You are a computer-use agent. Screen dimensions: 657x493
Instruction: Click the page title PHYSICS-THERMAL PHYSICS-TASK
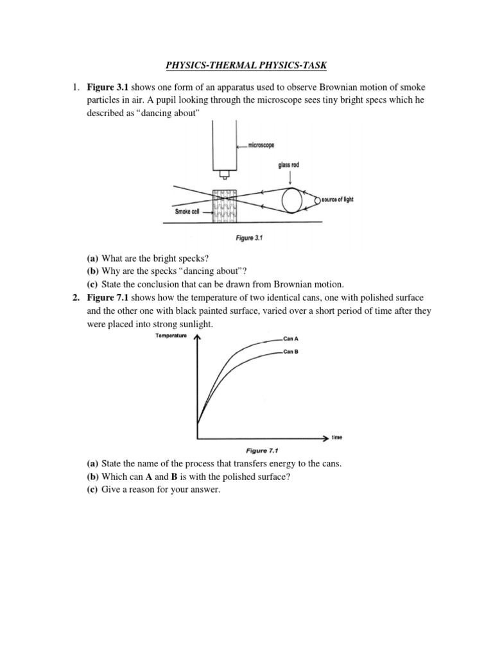pos(246,64)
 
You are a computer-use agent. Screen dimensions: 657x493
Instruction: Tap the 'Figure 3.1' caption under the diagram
pos(250,238)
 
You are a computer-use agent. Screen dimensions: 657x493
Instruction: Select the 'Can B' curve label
pos(291,352)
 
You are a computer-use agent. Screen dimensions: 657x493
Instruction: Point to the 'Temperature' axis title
pos(171,336)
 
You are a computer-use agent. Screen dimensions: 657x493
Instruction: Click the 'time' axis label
pos(337,438)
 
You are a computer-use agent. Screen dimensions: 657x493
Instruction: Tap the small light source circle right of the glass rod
pos(316,200)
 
